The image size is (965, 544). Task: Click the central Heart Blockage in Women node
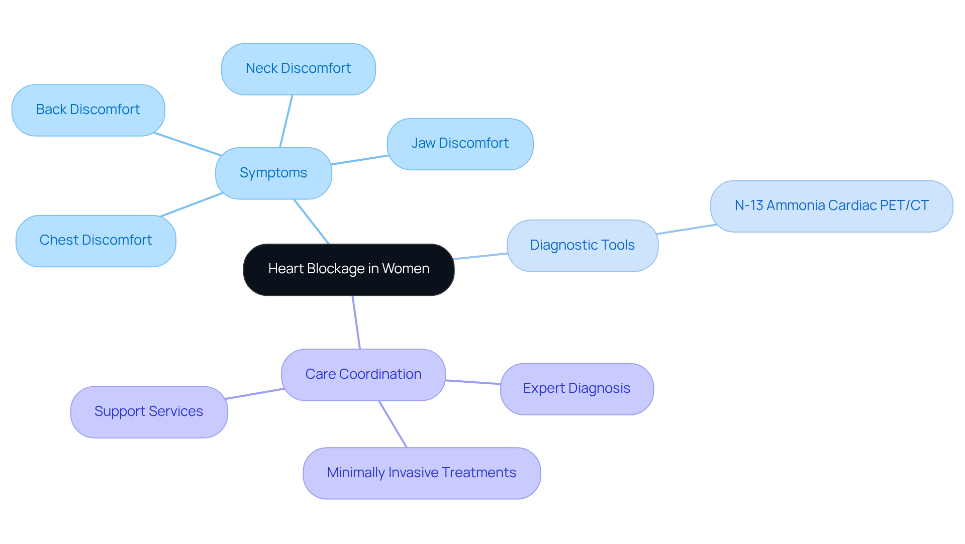click(x=348, y=270)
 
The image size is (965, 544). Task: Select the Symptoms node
click(x=273, y=173)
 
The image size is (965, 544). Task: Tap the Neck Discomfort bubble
click(x=298, y=69)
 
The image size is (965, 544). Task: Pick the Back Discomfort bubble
click(x=88, y=110)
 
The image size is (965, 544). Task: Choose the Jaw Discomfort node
click(x=460, y=144)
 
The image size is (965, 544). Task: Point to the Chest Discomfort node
click(x=95, y=241)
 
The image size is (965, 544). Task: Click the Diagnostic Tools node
click(x=582, y=246)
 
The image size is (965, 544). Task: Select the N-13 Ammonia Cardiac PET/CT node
click(x=831, y=206)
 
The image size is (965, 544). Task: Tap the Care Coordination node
click(x=363, y=375)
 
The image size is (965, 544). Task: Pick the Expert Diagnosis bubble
click(x=576, y=389)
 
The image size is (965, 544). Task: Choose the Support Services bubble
click(x=149, y=412)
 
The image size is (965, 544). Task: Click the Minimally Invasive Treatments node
click(x=421, y=473)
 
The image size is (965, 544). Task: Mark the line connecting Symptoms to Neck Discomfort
click(x=286, y=121)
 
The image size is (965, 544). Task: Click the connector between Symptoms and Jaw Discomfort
click(x=359, y=160)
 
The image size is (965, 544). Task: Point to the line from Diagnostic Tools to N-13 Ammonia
click(x=687, y=229)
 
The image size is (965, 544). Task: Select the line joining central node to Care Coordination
click(x=356, y=322)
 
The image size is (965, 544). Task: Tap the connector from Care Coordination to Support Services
click(x=255, y=394)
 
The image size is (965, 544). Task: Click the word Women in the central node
click(x=406, y=269)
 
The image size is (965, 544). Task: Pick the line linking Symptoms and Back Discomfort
click(x=187, y=144)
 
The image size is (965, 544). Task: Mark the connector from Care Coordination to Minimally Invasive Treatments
click(x=393, y=424)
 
